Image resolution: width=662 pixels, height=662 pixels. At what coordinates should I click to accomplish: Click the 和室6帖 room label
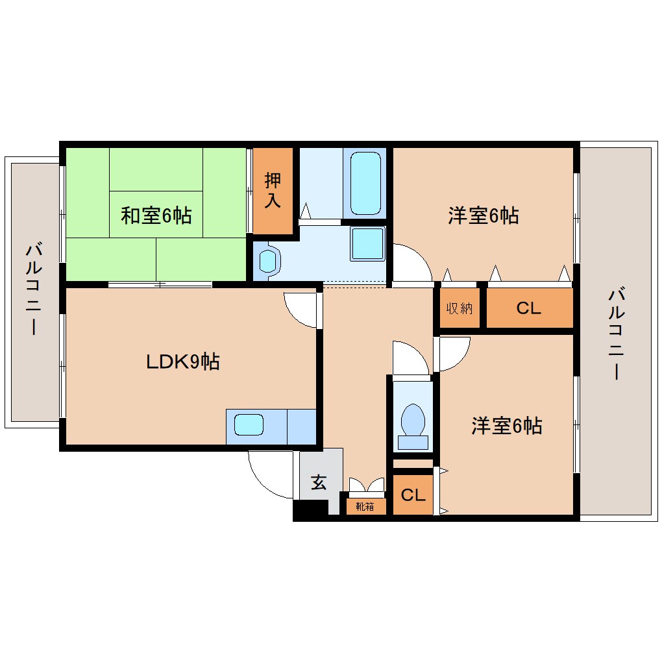(x=156, y=215)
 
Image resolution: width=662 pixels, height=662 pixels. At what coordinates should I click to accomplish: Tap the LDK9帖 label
(x=182, y=362)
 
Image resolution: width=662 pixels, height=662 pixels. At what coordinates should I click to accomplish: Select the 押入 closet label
(x=273, y=190)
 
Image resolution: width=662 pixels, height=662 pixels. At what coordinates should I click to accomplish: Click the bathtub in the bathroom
(x=365, y=183)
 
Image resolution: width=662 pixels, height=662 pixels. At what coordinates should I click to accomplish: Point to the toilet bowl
(x=413, y=420)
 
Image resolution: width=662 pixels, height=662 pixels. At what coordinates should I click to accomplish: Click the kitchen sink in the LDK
(x=249, y=425)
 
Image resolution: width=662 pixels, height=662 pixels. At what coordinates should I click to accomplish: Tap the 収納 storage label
(x=459, y=308)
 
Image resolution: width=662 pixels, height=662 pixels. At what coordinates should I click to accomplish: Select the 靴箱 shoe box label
(x=365, y=506)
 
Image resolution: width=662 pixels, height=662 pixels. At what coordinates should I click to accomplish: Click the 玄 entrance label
(x=318, y=482)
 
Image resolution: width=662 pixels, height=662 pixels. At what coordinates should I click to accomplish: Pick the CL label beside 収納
(x=528, y=308)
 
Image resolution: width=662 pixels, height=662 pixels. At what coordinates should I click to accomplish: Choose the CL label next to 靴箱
(x=413, y=495)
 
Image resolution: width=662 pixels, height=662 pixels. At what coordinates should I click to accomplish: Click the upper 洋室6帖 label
(x=484, y=215)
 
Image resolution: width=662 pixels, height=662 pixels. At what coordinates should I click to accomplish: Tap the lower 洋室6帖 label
(x=507, y=426)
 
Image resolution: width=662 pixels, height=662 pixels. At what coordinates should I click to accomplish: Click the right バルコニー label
(x=615, y=334)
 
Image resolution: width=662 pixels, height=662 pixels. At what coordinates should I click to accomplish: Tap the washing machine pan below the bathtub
(x=367, y=243)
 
